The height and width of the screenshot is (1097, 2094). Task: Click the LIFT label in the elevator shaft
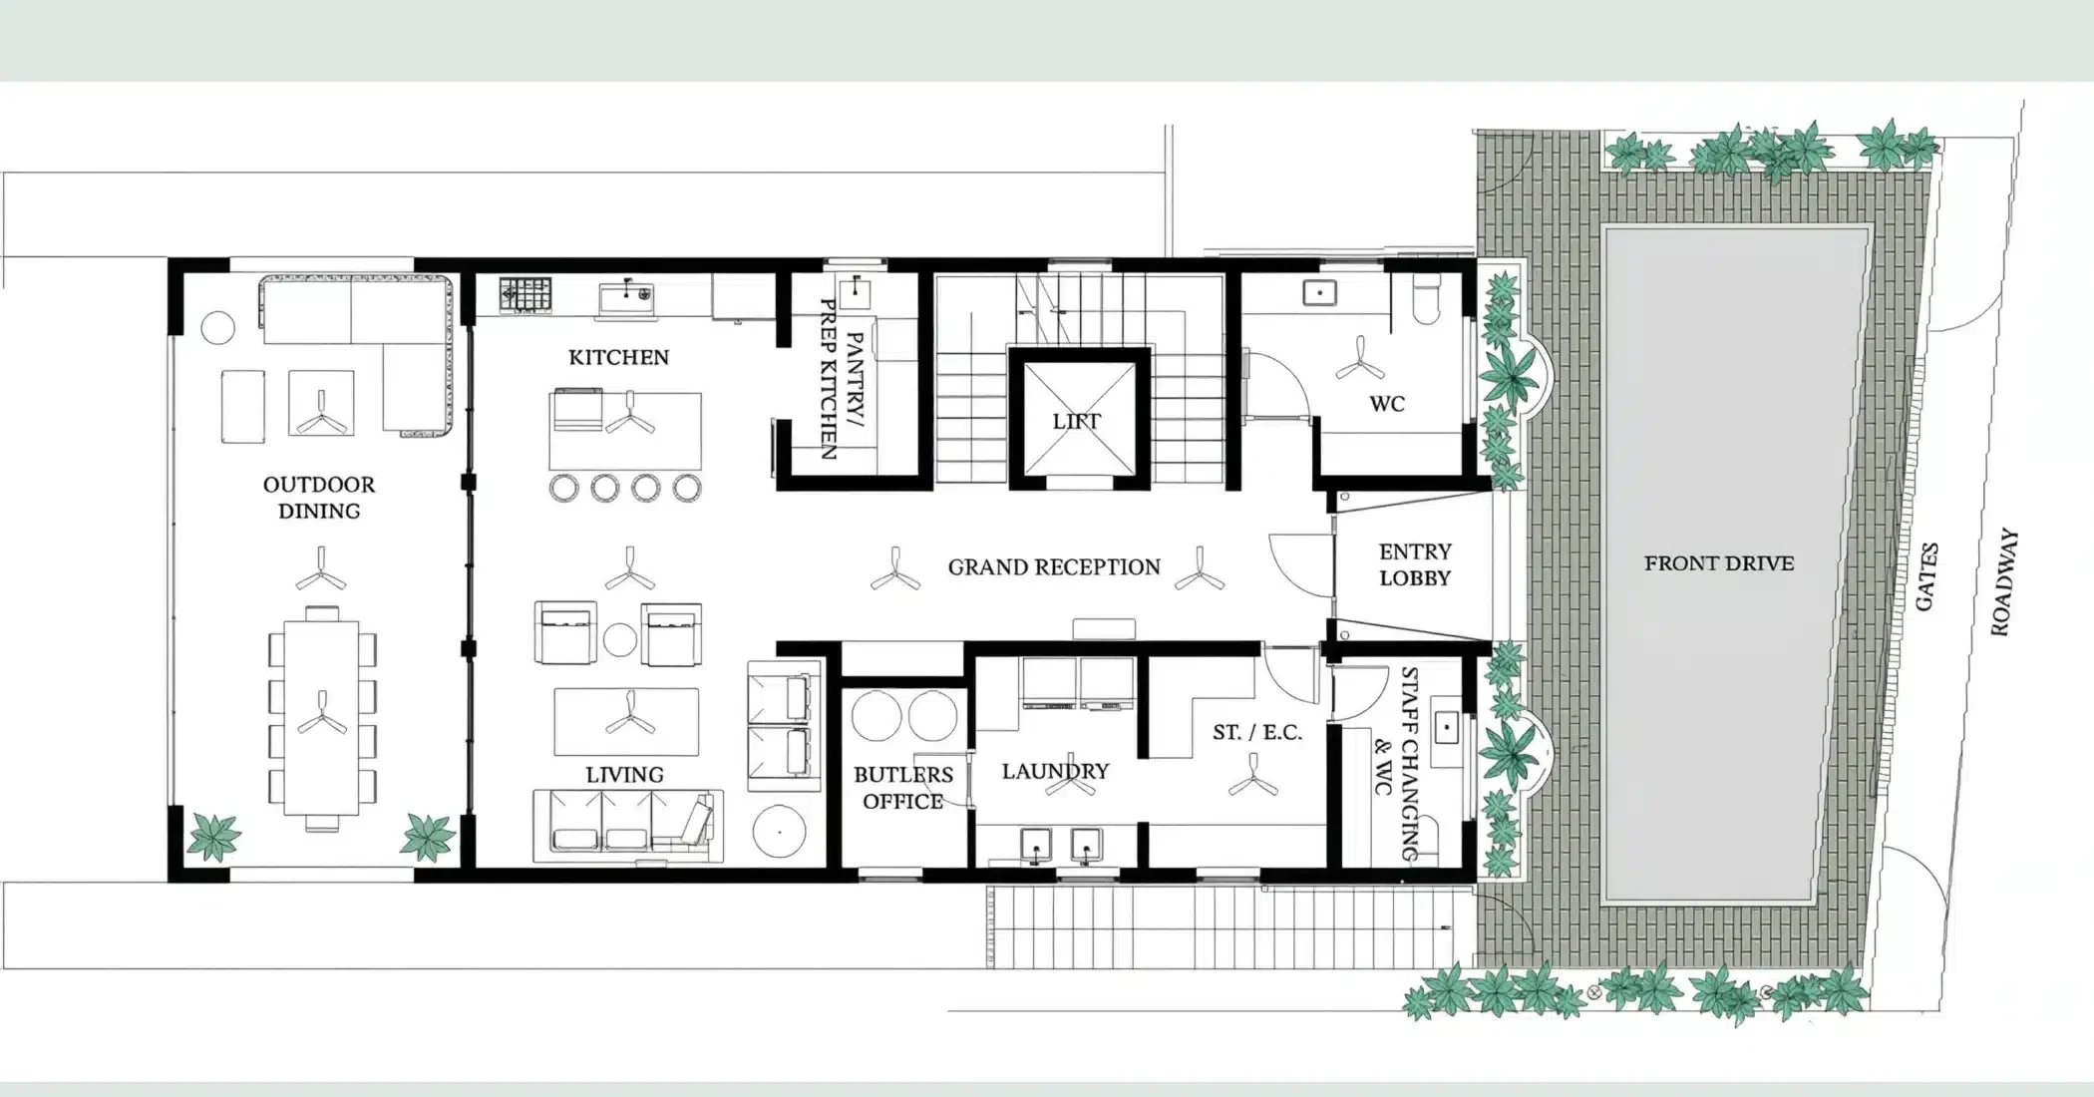(1076, 421)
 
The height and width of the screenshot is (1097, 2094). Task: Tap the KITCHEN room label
(618, 357)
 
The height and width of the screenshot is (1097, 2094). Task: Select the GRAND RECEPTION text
(1054, 567)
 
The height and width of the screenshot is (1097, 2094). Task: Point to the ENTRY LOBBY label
(1415, 564)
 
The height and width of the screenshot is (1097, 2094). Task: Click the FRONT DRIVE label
(1719, 563)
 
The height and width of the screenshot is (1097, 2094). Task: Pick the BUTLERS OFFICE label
(903, 788)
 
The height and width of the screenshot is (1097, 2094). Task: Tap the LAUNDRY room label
(1055, 771)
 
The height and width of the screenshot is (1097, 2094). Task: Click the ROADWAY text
(2004, 582)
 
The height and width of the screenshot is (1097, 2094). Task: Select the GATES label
(1926, 576)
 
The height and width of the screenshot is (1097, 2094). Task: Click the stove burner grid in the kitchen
(524, 295)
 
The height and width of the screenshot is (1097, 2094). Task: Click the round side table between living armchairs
(620, 639)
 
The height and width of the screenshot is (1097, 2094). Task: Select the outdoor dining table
(321, 718)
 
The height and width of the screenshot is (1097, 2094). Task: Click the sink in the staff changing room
(1447, 727)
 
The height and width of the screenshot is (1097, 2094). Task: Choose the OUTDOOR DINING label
(319, 498)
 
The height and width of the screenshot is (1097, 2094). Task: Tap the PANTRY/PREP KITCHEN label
(841, 379)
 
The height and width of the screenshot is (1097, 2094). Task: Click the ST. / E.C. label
(1257, 732)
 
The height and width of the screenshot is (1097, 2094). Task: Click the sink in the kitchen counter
(626, 296)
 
